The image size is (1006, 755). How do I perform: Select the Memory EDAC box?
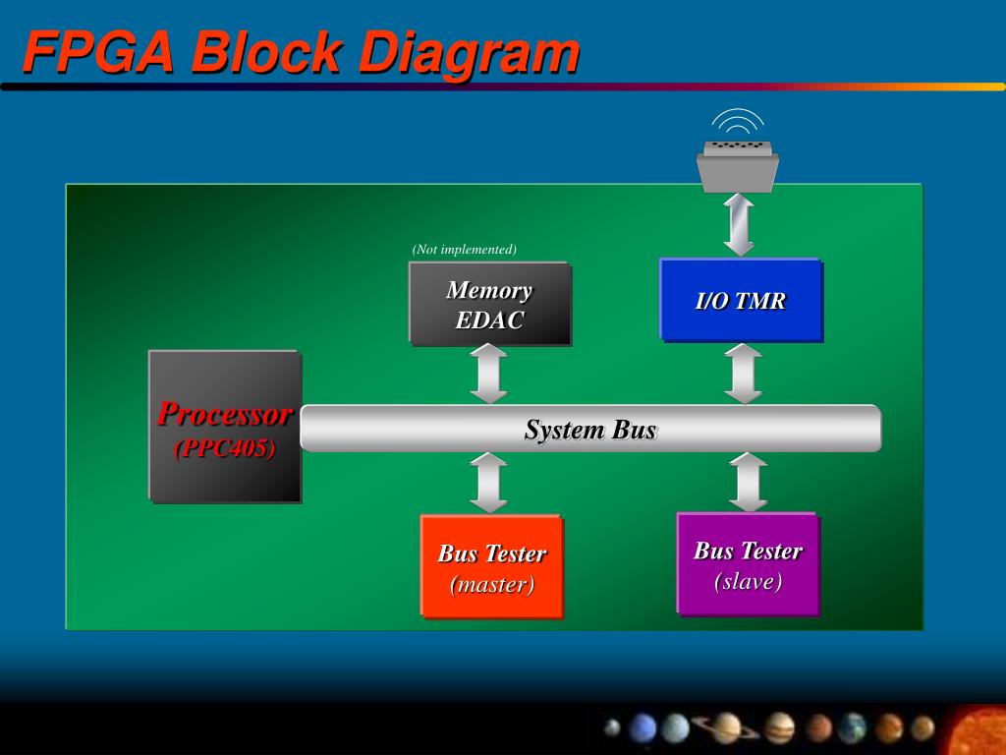(x=489, y=304)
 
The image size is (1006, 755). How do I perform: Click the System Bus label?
(x=589, y=430)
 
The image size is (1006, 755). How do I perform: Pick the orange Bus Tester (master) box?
(x=491, y=566)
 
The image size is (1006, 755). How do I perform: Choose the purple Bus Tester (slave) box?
(x=748, y=564)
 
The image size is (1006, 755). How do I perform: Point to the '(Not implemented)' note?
(x=464, y=249)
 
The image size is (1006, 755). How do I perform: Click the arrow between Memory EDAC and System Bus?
(x=488, y=374)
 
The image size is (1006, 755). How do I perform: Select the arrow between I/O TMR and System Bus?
(x=743, y=373)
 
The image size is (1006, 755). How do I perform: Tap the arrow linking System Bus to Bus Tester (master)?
(x=488, y=483)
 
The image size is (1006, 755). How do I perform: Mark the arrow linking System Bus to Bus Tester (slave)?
(x=748, y=482)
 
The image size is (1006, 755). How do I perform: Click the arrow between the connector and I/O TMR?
(x=738, y=225)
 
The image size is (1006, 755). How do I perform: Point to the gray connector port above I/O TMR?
(x=738, y=165)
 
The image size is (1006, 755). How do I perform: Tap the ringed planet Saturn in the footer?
(x=726, y=727)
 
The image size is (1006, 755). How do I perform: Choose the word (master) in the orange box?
(x=491, y=585)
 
